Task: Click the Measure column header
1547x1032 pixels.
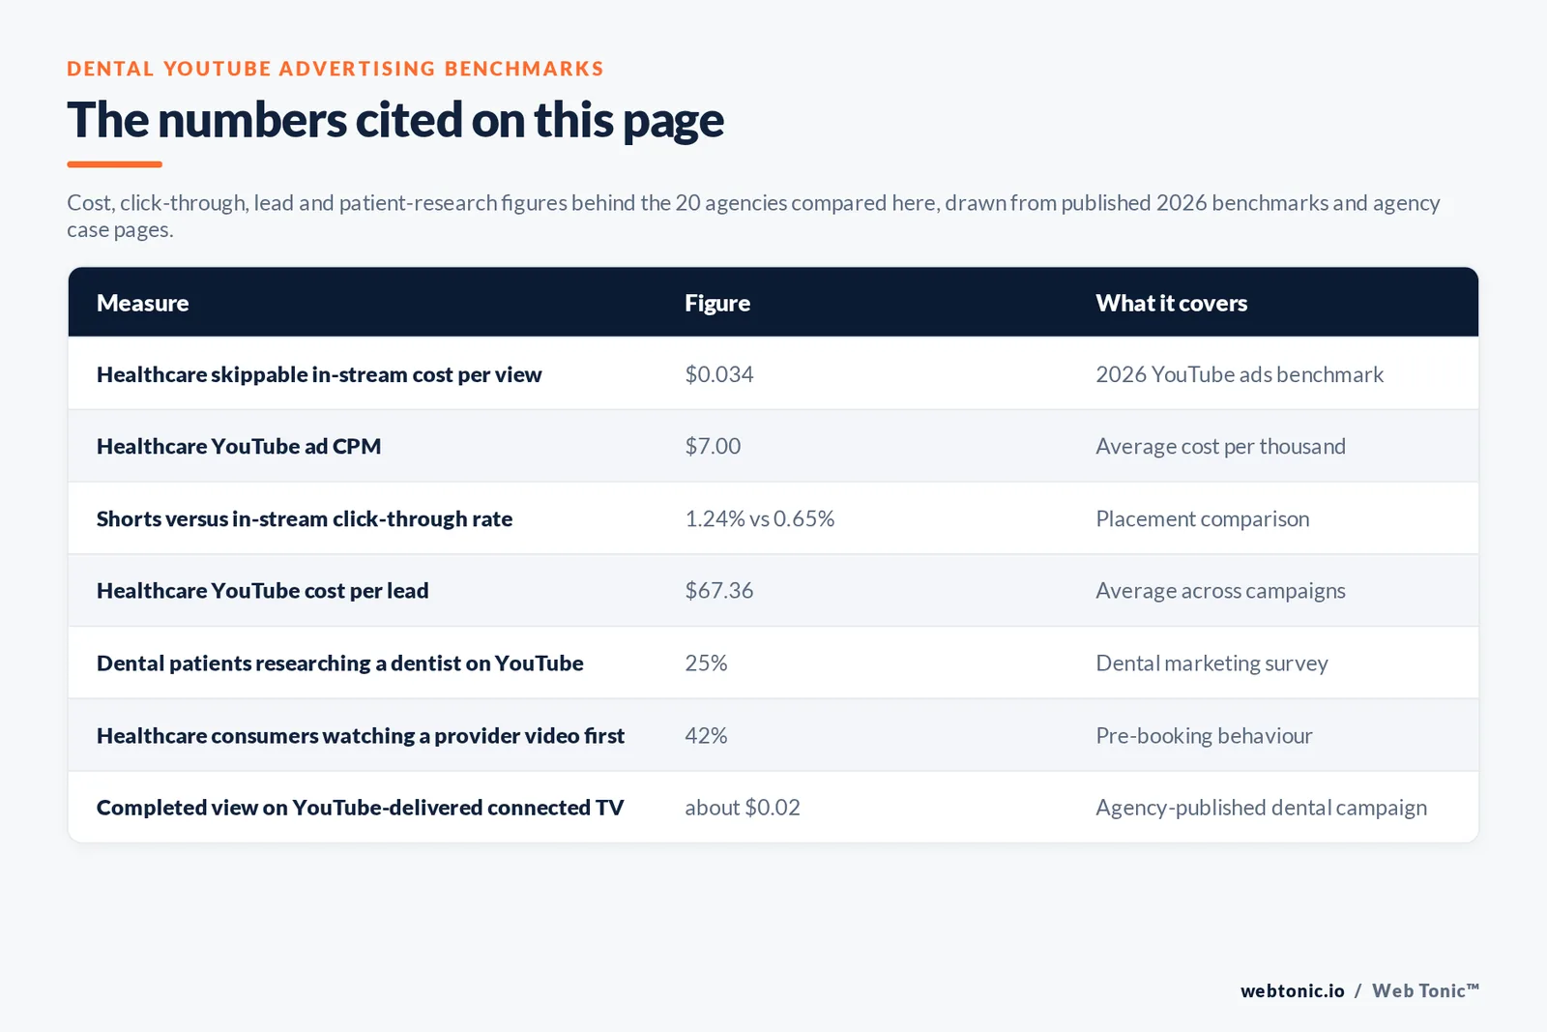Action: (142, 303)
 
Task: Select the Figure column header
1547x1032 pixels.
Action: (716, 303)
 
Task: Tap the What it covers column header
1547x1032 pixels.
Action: (1171, 303)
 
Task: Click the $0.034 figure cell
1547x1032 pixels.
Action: (719, 374)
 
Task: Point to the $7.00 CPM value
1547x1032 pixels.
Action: (713, 446)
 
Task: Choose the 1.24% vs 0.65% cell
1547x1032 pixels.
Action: (760, 518)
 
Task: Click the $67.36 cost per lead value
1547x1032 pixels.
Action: (719, 591)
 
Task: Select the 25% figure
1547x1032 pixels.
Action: (706, 663)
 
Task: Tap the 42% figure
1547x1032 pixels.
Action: (706, 736)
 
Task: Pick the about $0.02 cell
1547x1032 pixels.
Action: (743, 808)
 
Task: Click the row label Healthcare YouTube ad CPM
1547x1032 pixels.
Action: (239, 446)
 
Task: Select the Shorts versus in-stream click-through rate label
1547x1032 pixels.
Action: (305, 518)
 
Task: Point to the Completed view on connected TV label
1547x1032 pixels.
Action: (361, 808)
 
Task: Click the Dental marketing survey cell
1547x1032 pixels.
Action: (1212, 663)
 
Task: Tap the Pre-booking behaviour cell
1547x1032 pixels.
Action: (1205, 736)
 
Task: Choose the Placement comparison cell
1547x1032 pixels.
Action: (1203, 518)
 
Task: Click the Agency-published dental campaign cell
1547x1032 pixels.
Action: (1262, 808)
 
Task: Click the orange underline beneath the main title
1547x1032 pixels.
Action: (115, 164)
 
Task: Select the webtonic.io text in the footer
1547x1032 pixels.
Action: (1292, 990)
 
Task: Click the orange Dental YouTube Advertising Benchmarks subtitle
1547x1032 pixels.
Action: (336, 69)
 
